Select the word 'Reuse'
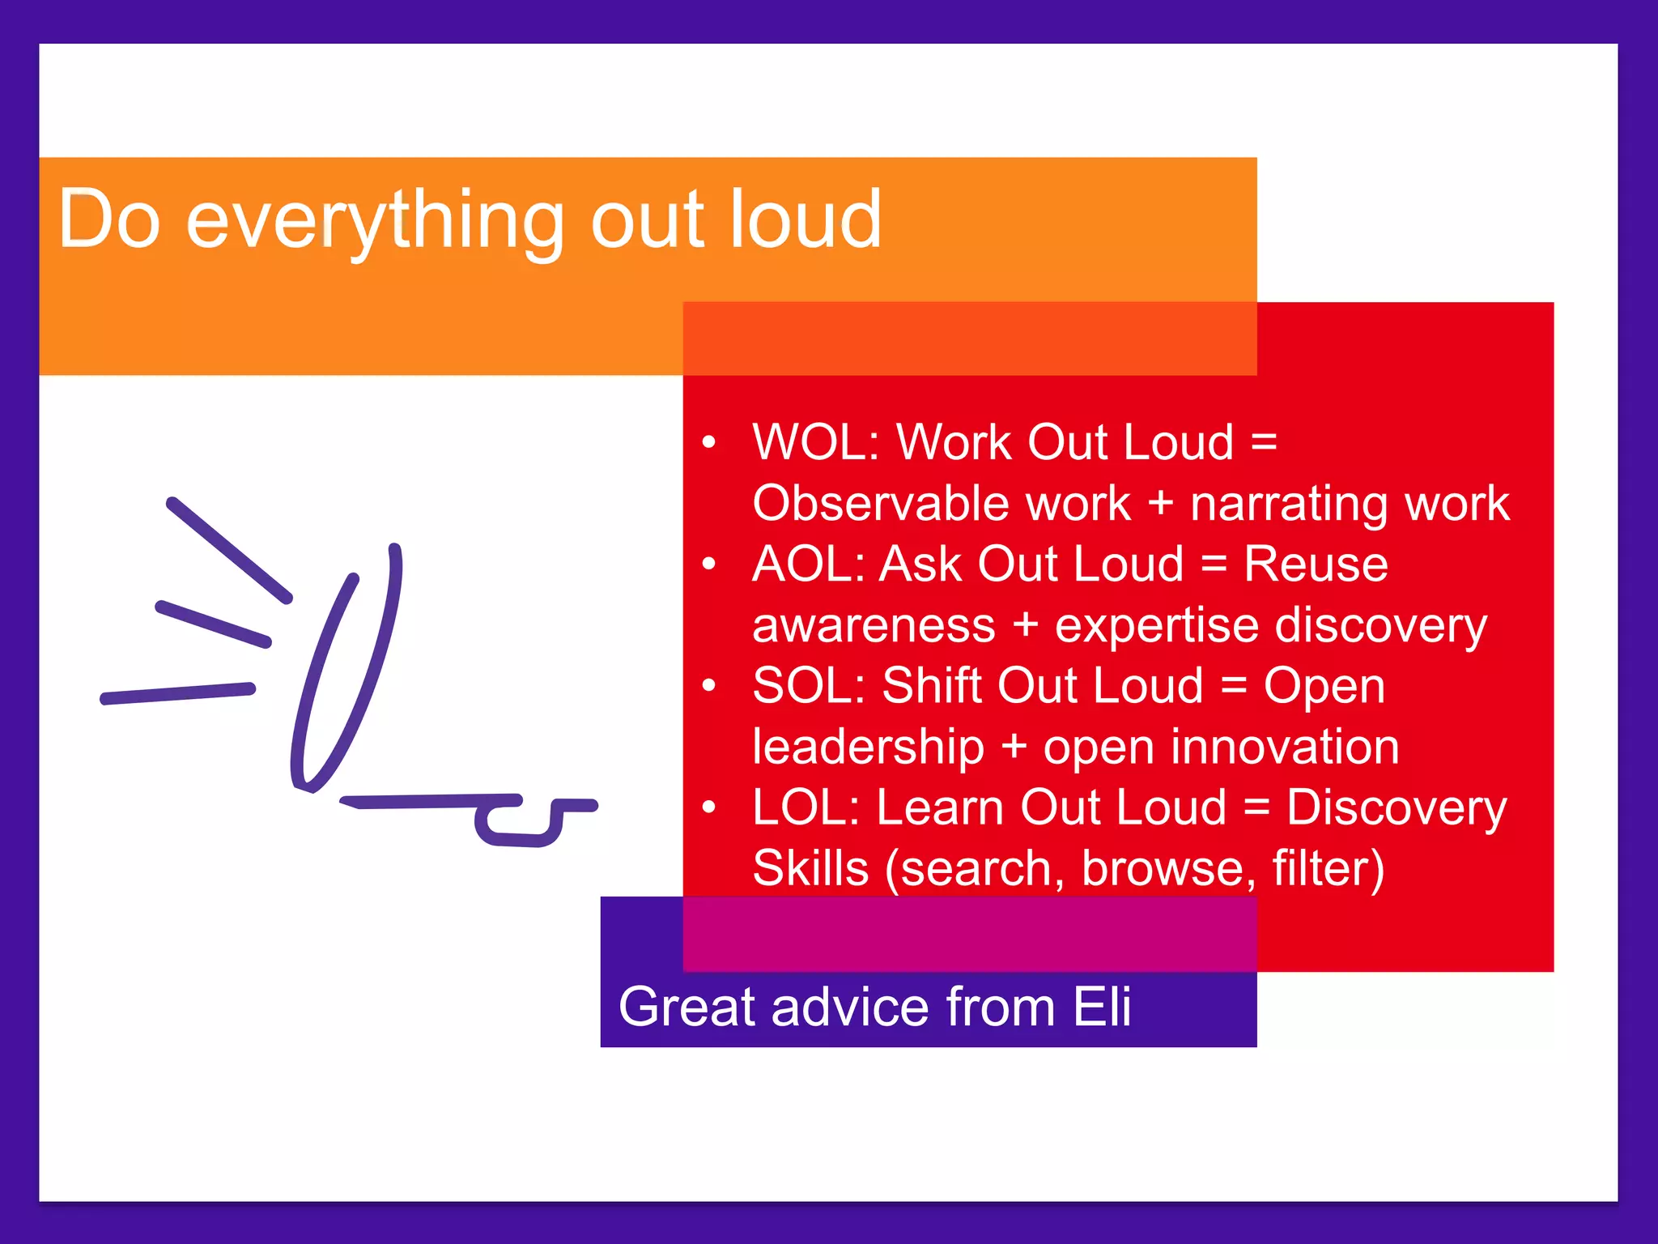pos(1316,564)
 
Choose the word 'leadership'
pos(868,747)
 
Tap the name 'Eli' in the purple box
pos(1102,1007)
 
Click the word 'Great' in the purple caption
pos(687,1007)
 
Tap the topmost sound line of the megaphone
pos(228,550)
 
